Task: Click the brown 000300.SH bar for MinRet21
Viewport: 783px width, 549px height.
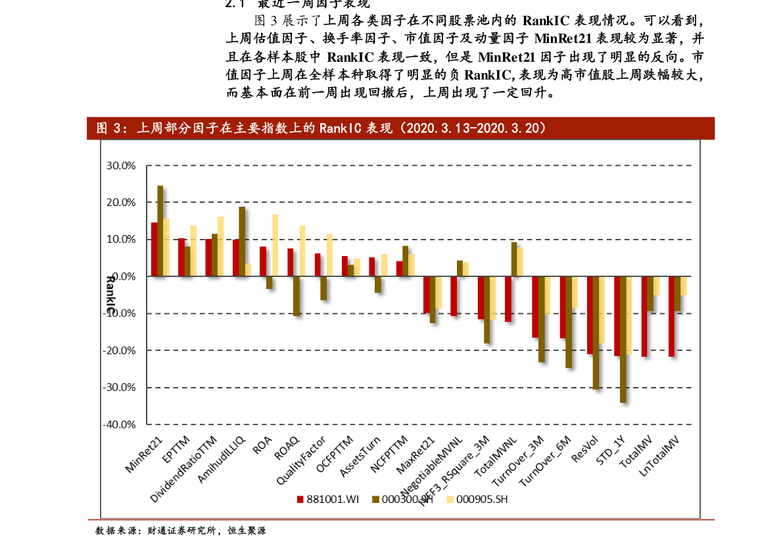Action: [x=160, y=230]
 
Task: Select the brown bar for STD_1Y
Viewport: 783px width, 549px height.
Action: [x=623, y=339]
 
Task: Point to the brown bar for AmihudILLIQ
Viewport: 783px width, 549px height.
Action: [x=242, y=241]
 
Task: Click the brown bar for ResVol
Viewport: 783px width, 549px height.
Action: [x=596, y=332]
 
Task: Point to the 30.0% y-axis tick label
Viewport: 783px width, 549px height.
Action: [x=120, y=166]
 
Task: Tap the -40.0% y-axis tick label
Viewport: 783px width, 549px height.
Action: [x=119, y=425]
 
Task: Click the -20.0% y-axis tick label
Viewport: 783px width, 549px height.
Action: [x=119, y=351]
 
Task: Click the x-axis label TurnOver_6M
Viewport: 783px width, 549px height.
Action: [x=546, y=460]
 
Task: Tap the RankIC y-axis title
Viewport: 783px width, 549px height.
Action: [x=110, y=294]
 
